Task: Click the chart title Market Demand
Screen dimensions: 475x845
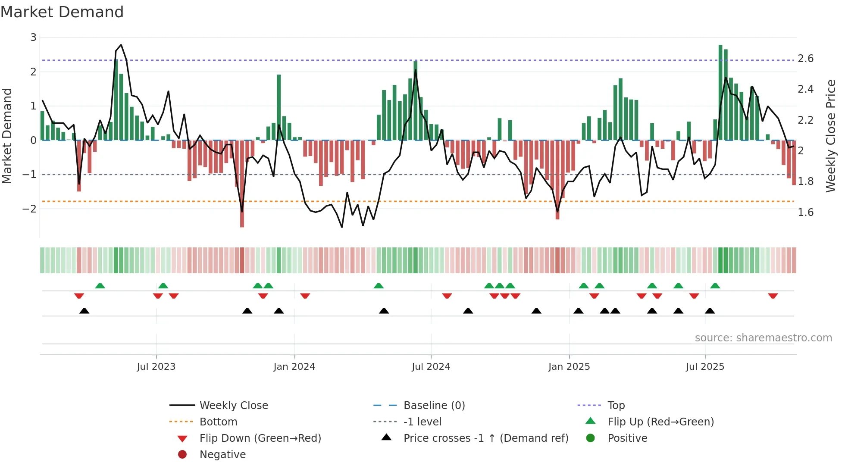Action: pos(62,12)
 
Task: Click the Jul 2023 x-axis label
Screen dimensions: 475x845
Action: pos(156,367)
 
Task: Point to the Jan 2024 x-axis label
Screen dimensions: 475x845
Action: pos(294,367)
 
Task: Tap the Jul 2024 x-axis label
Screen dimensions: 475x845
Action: pos(431,367)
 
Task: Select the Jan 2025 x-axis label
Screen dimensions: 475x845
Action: pos(569,367)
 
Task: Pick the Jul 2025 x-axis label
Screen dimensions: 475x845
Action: pos(705,367)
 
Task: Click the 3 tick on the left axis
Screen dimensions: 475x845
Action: pos(33,37)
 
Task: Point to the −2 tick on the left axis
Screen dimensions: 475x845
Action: pos(30,209)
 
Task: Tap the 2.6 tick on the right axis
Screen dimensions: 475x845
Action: pos(805,59)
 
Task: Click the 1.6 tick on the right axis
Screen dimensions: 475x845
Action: pos(805,212)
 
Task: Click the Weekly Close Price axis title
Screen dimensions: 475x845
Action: pos(830,136)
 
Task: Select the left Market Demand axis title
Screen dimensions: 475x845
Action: pos(7,136)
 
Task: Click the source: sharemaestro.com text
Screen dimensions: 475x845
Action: pos(763,338)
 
